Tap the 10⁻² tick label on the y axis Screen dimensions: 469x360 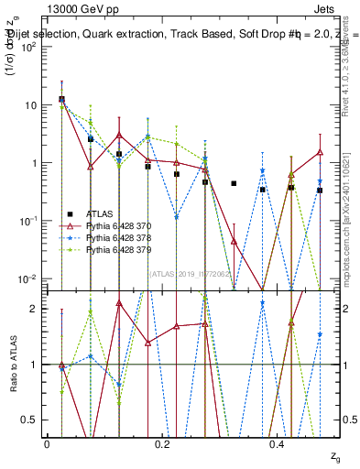pyautogui.click(x=28, y=278)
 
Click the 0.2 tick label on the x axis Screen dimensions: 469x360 pyautogui.click(x=162, y=443)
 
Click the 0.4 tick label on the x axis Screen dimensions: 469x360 pyautogui.click(x=278, y=443)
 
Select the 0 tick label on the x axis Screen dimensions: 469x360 pyautogui.click(x=47, y=443)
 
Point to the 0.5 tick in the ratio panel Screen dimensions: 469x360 pyautogui.click(x=33, y=420)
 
